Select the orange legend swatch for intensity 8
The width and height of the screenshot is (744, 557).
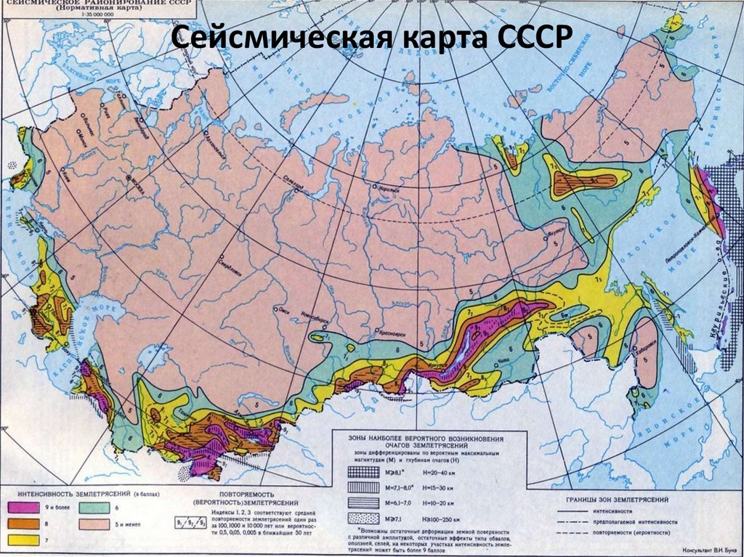click(24, 523)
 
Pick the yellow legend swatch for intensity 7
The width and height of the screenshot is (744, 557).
click(24, 539)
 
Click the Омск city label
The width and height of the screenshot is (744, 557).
click(286, 310)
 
